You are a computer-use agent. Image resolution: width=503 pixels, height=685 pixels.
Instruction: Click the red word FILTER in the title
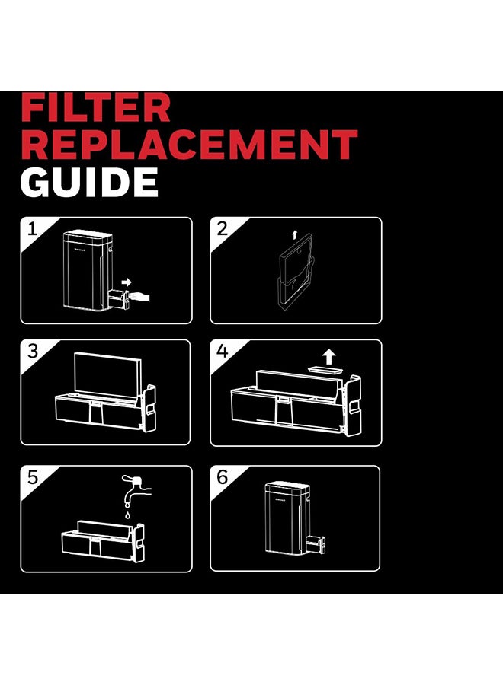[x=95, y=107]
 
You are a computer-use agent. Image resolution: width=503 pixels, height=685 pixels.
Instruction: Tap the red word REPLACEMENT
[x=189, y=144]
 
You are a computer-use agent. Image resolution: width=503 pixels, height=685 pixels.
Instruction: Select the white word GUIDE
[x=89, y=182]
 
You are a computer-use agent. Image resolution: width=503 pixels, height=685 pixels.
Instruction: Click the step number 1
[x=32, y=229]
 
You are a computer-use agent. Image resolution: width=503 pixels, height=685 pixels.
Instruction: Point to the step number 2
[x=223, y=229]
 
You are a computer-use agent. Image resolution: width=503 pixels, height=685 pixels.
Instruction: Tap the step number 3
[x=33, y=351]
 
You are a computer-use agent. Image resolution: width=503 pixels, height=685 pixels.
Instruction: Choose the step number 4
[x=223, y=351]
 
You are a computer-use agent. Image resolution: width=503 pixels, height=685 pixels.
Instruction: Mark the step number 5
[x=33, y=477]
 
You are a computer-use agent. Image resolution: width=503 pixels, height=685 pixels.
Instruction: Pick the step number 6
[x=223, y=477]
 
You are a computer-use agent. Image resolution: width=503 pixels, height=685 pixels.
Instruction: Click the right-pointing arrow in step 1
[x=127, y=282]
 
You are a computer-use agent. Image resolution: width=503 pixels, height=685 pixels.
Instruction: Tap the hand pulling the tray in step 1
[x=140, y=297]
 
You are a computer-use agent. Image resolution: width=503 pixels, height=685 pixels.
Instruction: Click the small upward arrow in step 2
[x=294, y=235]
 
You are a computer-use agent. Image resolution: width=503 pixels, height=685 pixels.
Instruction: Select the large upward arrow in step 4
[x=328, y=356]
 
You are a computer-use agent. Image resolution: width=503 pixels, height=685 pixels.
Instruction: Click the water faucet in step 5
[x=136, y=489]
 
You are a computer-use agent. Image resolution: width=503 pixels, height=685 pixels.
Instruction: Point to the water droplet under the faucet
[x=127, y=515]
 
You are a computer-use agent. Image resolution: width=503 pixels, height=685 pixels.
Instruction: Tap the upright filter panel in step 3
[x=107, y=374]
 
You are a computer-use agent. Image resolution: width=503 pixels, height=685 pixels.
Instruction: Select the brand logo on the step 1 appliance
[x=79, y=250]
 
